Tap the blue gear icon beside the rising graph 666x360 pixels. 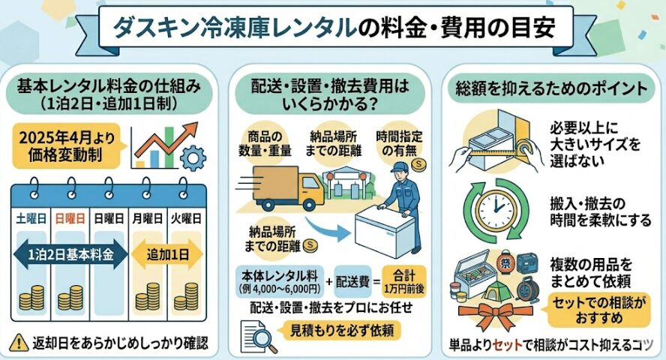pos(193,157)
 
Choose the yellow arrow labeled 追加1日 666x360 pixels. pos(166,254)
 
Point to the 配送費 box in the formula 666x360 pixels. pos(357,286)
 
